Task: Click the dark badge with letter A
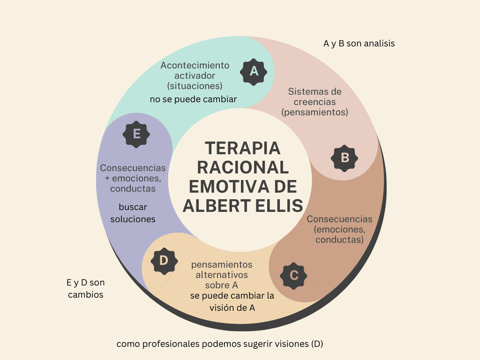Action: pos(254,71)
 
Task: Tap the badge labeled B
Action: pos(344,157)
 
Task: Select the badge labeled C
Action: pos(293,275)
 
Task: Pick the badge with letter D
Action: pos(164,260)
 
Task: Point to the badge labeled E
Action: pos(136,134)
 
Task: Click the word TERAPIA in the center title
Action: pos(242,148)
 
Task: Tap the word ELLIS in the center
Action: pos(274,205)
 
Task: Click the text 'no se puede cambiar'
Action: pos(193,99)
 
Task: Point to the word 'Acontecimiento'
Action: pos(195,65)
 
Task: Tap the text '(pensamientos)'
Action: pos(314,112)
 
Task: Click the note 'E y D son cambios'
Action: pos(85,288)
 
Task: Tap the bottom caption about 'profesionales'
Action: pos(220,344)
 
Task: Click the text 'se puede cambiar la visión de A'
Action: pos(232,302)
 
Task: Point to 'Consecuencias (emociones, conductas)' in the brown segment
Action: pos(339,229)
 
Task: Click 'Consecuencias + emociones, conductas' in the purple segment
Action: pos(133,178)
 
